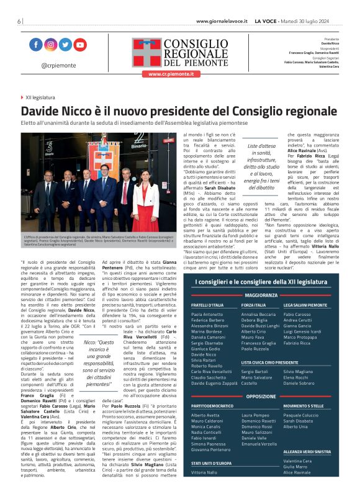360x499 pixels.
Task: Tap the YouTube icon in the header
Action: [x=80, y=45]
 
